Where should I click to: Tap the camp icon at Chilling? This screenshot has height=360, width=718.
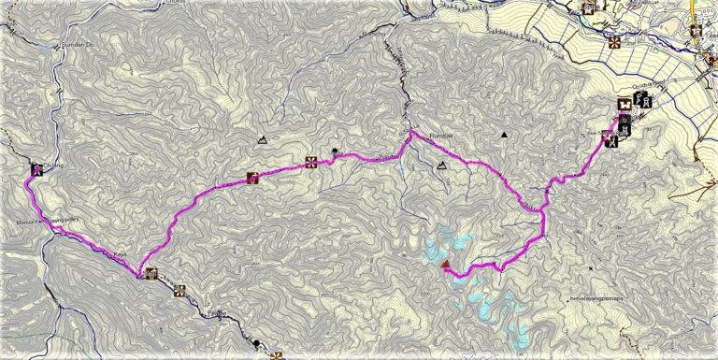coord(36,169)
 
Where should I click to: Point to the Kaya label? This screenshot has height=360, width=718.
coord(120,255)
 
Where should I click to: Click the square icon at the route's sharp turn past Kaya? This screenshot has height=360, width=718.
coord(151,274)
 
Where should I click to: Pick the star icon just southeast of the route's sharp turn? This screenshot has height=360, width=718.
coord(181,289)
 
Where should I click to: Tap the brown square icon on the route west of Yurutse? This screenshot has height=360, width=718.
coord(251,177)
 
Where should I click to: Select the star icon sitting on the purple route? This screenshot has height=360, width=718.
coord(311,162)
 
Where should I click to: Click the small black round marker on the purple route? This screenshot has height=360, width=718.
coord(336,151)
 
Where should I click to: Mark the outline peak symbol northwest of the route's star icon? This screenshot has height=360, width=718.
coord(263,139)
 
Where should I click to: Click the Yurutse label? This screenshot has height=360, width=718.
coord(362,155)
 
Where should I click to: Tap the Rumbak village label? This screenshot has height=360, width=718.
coord(440,137)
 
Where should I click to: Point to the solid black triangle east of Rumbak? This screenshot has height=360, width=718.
coord(504,136)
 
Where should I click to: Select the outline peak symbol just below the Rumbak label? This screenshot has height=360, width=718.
coord(442,166)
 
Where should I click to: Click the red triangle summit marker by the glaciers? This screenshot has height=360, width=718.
coord(445,265)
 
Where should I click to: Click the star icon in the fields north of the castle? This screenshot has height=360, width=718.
coord(614,42)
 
